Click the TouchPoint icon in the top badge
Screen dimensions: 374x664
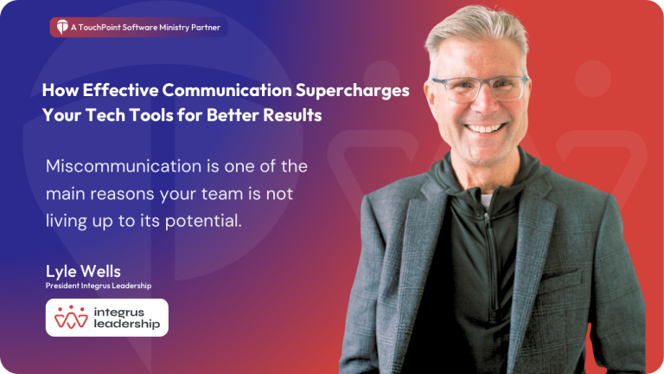61,28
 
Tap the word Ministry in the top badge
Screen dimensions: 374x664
169,28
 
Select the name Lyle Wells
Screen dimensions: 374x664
83,271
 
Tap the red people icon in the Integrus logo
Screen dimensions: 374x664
71,318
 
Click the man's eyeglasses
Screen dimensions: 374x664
480,87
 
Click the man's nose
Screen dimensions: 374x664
482,104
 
